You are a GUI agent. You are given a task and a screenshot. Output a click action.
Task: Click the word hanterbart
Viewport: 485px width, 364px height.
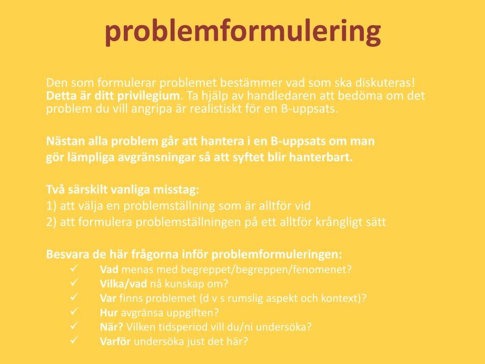pyautogui.click(x=321, y=157)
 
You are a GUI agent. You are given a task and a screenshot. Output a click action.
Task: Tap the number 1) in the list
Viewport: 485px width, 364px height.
pyautogui.click(x=52, y=206)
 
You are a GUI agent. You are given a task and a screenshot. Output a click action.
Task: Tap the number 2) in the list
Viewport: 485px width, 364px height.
pyautogui.click(x=52, y=222)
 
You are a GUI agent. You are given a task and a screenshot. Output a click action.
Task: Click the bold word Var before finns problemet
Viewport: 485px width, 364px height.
pyautogui.click(x=108, y=298)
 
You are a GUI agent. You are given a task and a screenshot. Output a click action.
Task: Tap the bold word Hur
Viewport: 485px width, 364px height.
pyautogui.click(x=108, y=312)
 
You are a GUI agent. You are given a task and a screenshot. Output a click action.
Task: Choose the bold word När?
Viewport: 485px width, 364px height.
pyautogui.click(x=112, y=327)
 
